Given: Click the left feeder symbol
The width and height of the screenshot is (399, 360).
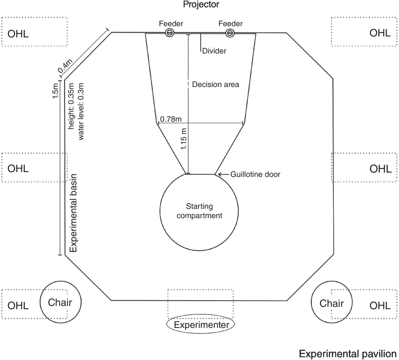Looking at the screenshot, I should pos(169,33).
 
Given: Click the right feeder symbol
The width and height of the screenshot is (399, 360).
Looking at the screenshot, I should pos(230,33).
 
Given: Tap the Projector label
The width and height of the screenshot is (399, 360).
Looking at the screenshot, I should pos(201,4).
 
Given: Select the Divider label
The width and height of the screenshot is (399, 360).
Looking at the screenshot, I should pos(214,51).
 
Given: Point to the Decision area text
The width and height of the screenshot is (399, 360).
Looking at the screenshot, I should pos(216,84).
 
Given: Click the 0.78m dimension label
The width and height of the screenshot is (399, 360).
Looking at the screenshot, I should pos(171,119).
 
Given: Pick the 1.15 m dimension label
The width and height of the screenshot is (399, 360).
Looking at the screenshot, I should pos(184,139).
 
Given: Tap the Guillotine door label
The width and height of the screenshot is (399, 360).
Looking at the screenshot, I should pos(255,174).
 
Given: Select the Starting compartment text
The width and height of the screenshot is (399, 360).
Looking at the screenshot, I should pos(199,211).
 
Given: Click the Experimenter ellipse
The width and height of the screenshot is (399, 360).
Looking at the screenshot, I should pos(201,325).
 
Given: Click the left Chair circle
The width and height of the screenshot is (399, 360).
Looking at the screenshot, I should pos(60,302).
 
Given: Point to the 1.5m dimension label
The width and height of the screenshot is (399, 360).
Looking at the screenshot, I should pos(55,91).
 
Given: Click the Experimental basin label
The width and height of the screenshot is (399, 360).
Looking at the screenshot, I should pos(73,213).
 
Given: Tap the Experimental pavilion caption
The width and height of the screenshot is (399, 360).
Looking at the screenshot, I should pos(347,354).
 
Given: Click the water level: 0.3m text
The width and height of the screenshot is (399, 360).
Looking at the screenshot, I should pos(81,111).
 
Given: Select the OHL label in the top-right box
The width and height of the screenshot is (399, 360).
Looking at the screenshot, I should pos(380,33).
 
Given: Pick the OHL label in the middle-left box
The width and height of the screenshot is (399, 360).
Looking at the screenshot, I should pos(18,169).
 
